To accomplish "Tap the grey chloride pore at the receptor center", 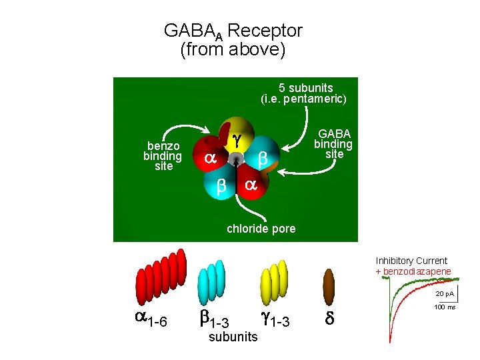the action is (236, 158).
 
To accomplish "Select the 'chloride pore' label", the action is (261, 229).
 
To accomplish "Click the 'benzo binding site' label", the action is (163, 156).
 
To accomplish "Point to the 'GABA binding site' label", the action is (333, 144).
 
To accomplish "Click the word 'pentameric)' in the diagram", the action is (315, 99).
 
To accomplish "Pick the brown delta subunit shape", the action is (329, 287).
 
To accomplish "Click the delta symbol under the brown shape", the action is (329, 318).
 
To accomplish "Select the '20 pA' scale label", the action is (445, 294).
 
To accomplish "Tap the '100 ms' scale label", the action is (445, 307).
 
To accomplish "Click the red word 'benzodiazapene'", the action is (417, 271).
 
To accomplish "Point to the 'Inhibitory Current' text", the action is (411, 261).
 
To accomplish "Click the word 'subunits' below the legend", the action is (233, 337).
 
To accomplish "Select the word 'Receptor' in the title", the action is (265, 31).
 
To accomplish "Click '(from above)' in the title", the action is (233, 49).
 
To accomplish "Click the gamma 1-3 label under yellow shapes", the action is (275, 319).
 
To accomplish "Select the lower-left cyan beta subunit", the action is (219, 184).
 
